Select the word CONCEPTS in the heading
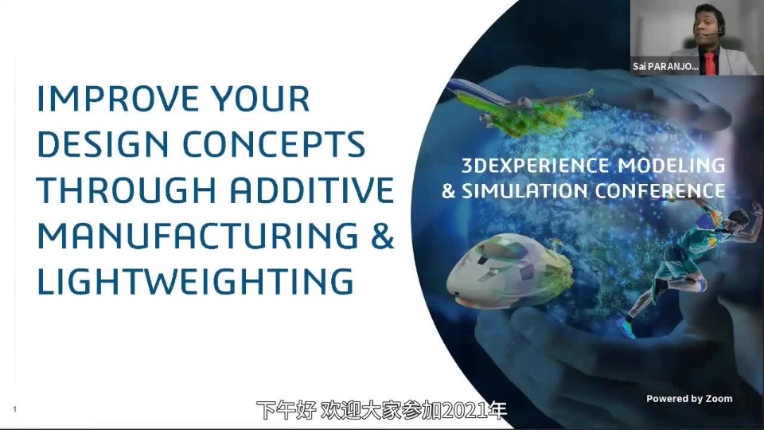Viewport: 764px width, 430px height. coord(274,144)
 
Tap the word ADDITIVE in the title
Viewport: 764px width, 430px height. coord(312,190)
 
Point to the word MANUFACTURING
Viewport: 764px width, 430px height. coord(198,236)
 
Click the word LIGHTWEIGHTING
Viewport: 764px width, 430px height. coord(195,281)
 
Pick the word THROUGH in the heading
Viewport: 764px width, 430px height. coord(127,190)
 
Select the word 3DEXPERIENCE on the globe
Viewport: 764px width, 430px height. coord(535,166)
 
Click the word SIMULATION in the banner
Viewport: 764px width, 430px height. coord(524,190)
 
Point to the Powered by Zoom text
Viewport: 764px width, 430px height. coord(689,398)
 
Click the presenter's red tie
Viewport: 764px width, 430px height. coord(709,62)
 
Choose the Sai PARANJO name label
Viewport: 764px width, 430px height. coord(665,67)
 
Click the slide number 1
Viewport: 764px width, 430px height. coord(14,409)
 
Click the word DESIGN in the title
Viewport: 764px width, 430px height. coord(103,144)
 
